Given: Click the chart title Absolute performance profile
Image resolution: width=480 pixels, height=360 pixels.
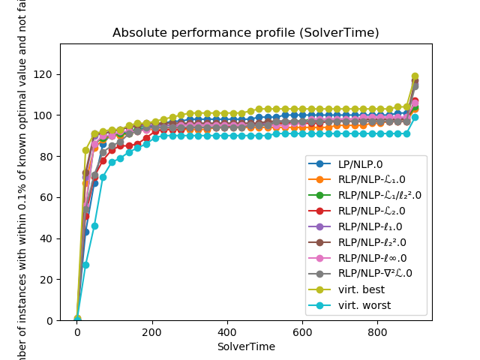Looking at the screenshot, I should point(245,33).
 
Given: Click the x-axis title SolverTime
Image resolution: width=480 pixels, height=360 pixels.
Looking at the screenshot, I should point(245,346).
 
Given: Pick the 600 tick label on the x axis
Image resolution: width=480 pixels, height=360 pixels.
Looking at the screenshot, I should point(302,331).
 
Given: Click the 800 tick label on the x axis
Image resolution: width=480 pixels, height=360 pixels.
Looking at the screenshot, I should point(377,331).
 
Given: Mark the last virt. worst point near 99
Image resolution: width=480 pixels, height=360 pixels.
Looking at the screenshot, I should point(415,117).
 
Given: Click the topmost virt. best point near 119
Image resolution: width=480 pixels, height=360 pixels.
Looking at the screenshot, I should point(415,76).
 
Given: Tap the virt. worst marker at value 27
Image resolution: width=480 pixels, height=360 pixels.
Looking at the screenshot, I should point(85,265).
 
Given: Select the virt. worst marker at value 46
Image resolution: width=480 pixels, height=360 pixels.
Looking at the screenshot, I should point(94,226).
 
